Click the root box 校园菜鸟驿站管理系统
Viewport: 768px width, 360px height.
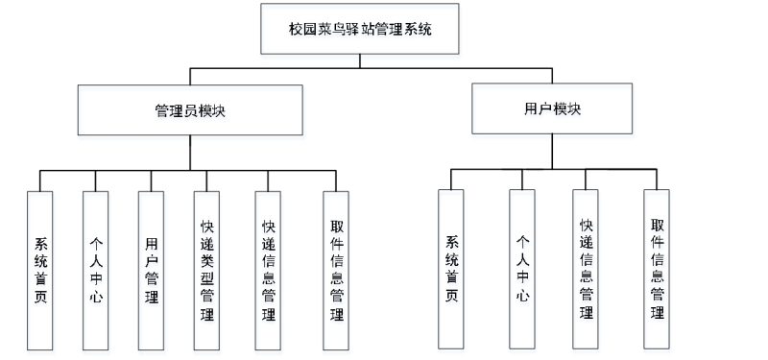[x=359, y=30]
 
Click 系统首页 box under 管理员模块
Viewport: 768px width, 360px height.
[x=40, y=269]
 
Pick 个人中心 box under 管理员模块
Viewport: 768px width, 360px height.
[x=96, y=269]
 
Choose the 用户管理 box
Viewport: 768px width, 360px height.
[x=151, y=269]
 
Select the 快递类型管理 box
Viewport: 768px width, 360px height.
[x=206, y=269]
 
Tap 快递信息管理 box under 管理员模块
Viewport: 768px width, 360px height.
[x=269, y=269]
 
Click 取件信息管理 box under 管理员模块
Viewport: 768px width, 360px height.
[x=336, y=269]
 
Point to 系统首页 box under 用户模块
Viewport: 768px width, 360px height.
[x=451, y=269]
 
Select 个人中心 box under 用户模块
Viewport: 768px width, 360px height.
[x=522, y=269]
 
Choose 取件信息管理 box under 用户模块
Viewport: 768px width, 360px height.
[x=657, y=269]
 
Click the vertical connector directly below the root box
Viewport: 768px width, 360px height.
[x=359, y=61]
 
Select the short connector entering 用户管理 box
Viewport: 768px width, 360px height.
[x=151, y=180]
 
